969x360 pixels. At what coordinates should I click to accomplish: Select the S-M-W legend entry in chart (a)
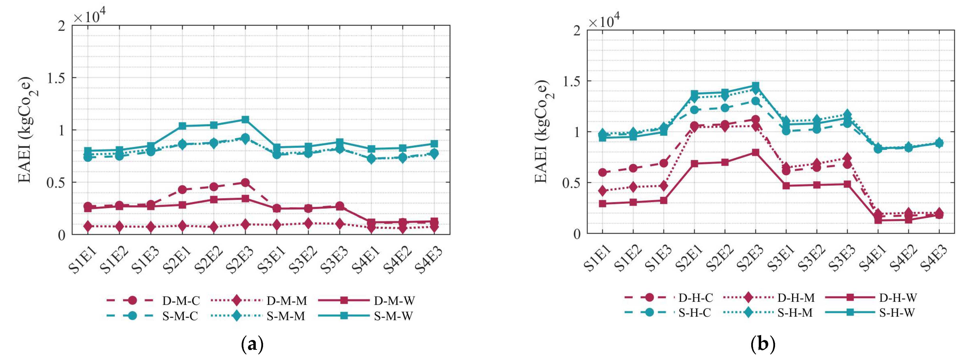[x=393, y=316]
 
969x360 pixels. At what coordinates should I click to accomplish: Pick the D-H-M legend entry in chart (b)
[x=795, y=297]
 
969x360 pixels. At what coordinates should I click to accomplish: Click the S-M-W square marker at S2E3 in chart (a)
[x=245, y=120]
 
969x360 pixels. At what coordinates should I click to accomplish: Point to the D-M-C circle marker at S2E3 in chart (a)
[x=245, y=183]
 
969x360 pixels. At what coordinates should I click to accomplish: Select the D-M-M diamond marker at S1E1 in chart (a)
[x=88, y=226]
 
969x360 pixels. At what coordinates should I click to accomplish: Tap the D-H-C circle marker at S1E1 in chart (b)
[x=603, y=173]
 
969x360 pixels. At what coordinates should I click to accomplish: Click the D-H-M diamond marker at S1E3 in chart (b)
[x=664, y=186]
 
